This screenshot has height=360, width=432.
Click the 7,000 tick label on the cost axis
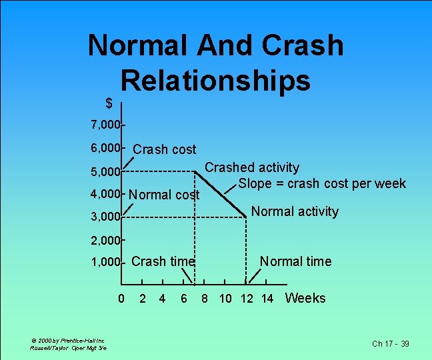point(105,125)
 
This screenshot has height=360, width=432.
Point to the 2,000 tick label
point(105,239)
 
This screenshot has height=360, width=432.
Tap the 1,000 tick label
point(105,263)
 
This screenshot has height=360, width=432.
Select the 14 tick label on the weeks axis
point(267,299)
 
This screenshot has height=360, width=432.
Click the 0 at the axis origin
point(121,299)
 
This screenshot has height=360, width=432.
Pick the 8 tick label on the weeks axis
point(205,299)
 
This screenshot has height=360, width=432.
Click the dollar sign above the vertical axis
point(109,103)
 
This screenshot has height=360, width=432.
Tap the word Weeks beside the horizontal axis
point(305,298)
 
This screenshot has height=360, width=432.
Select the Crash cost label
point(165,149)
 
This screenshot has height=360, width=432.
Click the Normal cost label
point(164,195)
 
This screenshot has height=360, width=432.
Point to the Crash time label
point(163,261)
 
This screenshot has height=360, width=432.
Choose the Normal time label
point(295,261)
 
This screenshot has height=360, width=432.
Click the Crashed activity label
point(251,168)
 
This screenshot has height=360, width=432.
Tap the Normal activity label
point(295,211)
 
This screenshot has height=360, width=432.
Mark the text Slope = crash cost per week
point(322,183)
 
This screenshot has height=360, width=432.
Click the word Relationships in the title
point(215,81)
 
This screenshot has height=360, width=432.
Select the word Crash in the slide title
point(303,45)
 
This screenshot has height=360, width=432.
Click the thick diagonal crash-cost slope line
point(220,194)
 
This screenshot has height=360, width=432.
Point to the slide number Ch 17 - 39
point(391,344)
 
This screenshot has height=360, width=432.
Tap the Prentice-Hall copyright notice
point(68,341)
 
